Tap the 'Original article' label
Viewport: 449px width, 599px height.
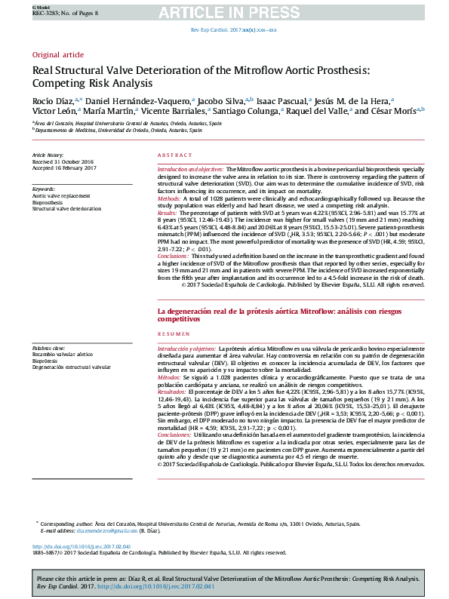(57, 55)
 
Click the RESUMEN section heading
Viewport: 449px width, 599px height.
(173, 333)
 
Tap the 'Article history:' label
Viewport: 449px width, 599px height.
(48, 154)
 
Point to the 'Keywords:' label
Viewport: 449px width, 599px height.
(43, 189)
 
